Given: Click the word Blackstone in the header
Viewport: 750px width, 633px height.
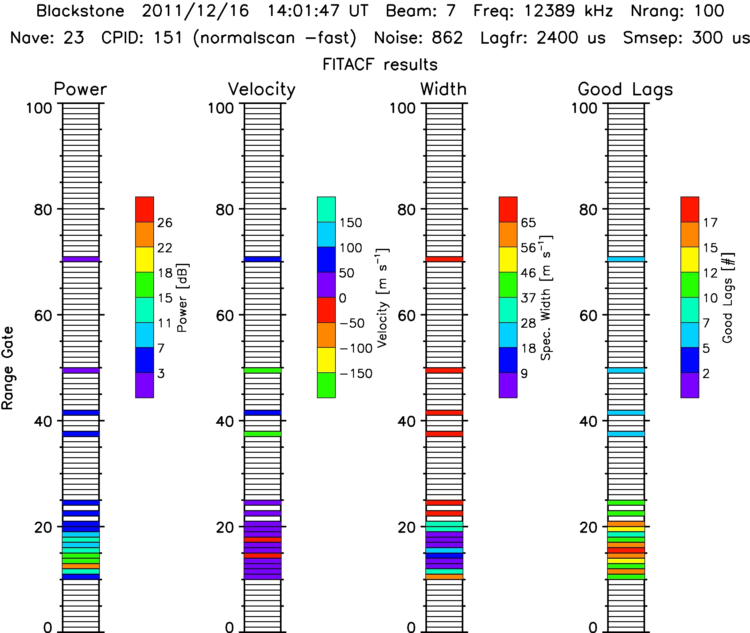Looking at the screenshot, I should click(x=80, y=11).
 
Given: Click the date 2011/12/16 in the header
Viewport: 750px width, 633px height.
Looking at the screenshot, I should click(x=195, y=11).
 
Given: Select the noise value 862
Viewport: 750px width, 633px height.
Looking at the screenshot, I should click(x=447, y=38).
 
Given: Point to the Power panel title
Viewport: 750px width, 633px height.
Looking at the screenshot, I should click(x=80, y=89).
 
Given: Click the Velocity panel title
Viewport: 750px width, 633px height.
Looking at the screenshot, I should click(x=262, y=89).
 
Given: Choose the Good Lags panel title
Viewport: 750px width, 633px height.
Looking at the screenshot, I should click(x=625, y=89).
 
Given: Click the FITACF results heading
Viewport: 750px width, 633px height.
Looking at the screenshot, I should click(x=380, y=64).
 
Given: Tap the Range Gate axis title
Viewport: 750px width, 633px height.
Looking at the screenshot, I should click(x=8, y=368).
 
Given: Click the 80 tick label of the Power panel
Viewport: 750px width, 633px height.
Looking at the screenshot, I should click(x=43, y=210).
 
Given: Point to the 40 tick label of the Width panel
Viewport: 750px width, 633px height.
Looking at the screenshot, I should click(x=406, y=421).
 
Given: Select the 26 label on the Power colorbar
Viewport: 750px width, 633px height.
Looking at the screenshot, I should click(x=165, y=223).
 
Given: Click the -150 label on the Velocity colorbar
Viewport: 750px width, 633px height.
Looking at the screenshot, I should click(x=356, y=374).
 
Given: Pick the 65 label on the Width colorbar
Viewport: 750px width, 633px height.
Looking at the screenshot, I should click(x=528, y=223).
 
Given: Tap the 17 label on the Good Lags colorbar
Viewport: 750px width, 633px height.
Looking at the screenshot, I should click(x=710, y=223).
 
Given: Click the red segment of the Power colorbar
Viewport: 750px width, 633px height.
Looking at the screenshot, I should click(x=144, y=209).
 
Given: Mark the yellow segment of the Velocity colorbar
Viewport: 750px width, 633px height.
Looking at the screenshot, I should click(x=326, y=360).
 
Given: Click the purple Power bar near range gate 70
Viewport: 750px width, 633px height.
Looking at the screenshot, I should click(x=81, y=259).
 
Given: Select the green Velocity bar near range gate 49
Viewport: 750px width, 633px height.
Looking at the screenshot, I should click(x=262, y=370).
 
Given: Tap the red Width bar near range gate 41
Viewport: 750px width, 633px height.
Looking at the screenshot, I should click(x=445, y=413).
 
